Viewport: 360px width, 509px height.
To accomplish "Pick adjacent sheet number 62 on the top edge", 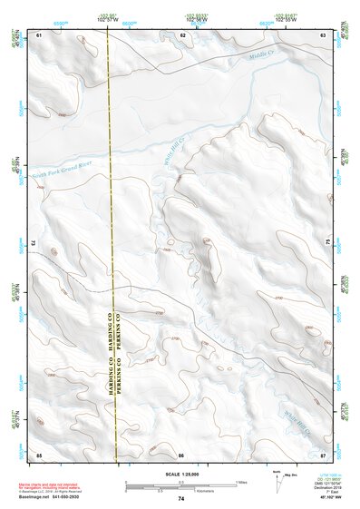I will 182,34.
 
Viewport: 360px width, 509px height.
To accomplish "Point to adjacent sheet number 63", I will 324,34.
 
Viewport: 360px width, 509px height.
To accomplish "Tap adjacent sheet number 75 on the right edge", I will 327,243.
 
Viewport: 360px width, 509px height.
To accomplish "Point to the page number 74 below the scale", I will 181,499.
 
